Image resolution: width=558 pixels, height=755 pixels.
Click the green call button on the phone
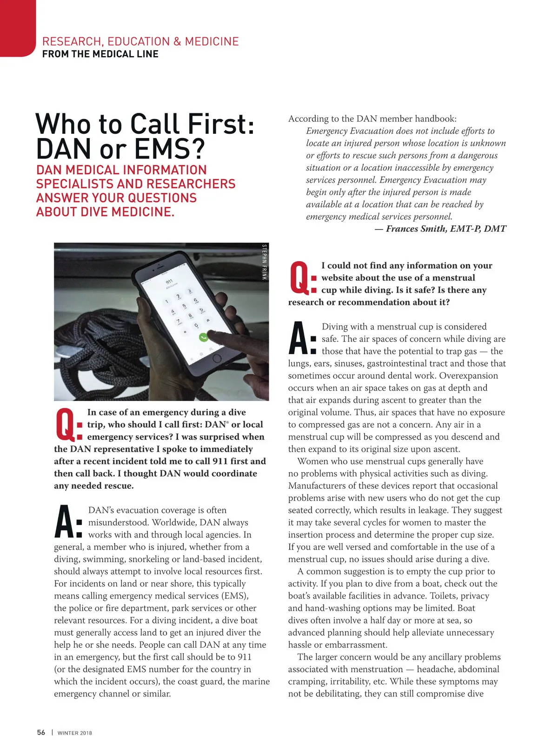tap(203, 337)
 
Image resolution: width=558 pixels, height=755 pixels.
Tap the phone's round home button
tap(217, 358)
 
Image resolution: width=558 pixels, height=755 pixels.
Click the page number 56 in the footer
tap(41, 732)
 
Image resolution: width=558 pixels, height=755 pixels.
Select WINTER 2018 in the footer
tap(75, 733)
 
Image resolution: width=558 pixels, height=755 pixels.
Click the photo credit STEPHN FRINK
tap(264, 262)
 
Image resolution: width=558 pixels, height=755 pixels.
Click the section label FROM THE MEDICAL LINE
tap(100, 54)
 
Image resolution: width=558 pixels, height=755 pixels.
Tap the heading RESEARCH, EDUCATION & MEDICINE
tap(140, 41)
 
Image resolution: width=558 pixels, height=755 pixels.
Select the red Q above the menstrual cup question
tap(299, 278)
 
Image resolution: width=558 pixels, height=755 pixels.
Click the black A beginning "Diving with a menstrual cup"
tap(298, 338)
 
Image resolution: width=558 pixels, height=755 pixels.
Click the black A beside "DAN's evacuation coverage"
tap(64, 522)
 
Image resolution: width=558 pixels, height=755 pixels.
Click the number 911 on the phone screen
tap(169, 282)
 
